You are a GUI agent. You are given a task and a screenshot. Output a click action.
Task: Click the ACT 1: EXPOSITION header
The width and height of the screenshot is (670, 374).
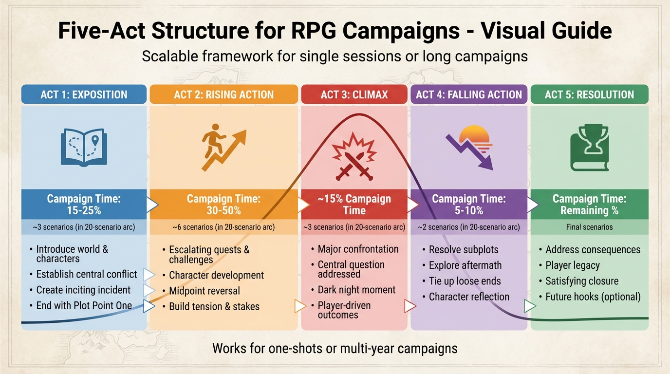click(x=84, y=94)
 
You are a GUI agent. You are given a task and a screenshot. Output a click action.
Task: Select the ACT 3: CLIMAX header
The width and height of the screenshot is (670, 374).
click(x=354, y=94)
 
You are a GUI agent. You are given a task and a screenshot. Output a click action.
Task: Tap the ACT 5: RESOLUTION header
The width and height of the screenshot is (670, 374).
click(x=589, y=94)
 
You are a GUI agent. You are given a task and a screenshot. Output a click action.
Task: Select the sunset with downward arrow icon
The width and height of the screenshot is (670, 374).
click(x=469, y=146)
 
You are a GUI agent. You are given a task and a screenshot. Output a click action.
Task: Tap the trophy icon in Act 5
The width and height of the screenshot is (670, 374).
click(x=589, y=149)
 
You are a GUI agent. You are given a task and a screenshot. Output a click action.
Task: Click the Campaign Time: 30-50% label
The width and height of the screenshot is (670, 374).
click(x=223, y=205)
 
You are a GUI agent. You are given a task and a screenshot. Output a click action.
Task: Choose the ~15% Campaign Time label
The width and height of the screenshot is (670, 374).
click(x=354, y=205)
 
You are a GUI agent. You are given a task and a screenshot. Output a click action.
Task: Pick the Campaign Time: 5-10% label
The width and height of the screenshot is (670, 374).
click(x=469, y=205)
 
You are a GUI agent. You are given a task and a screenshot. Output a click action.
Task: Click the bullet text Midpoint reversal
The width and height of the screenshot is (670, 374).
click(x=205, y=291)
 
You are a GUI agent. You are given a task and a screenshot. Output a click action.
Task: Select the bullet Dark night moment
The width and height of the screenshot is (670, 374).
click(x=356, y=290)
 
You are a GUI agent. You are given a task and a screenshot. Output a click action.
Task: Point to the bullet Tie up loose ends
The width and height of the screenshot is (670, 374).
click(x=465, y=281)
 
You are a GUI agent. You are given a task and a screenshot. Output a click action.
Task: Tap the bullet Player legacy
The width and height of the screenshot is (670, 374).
click(x=573, y=265)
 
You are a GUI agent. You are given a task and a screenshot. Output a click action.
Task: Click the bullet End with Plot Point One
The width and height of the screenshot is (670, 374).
click(x=84, y=306)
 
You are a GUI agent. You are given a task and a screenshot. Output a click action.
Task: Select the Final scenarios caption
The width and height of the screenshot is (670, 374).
click(x=589, y=227)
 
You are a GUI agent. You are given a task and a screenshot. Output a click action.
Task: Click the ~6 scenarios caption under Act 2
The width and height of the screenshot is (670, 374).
click(x=223, y=227)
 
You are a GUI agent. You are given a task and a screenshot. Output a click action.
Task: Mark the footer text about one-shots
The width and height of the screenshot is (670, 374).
click(x=335, y=349)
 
